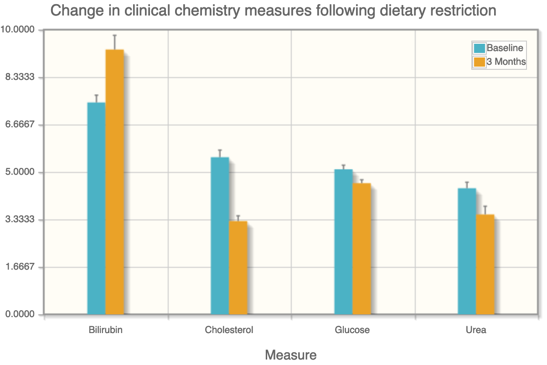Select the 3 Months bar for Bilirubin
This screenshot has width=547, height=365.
(114, 182)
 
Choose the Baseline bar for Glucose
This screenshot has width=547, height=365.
(343, 242)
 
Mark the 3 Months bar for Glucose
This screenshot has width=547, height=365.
(361, 249)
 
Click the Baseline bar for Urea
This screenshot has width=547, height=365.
(467, 251)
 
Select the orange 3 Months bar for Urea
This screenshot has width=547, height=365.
(485, 265)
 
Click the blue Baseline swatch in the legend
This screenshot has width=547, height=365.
(480, 48)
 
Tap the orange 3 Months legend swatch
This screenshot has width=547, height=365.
(480, 62)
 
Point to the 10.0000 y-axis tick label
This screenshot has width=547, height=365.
(18, 30)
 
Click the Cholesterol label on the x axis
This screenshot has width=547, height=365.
(229, 330)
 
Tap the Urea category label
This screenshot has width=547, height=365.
(476, 330)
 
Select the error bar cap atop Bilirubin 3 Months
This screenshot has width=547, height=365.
(114, 35)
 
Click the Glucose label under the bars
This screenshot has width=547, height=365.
(352, 330)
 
